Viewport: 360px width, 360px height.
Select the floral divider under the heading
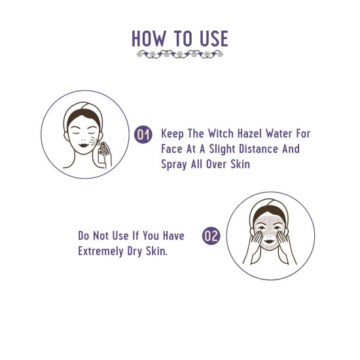click(180, 54)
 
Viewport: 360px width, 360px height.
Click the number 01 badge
click(143, 135)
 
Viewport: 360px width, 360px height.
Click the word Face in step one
click(173, 149)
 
